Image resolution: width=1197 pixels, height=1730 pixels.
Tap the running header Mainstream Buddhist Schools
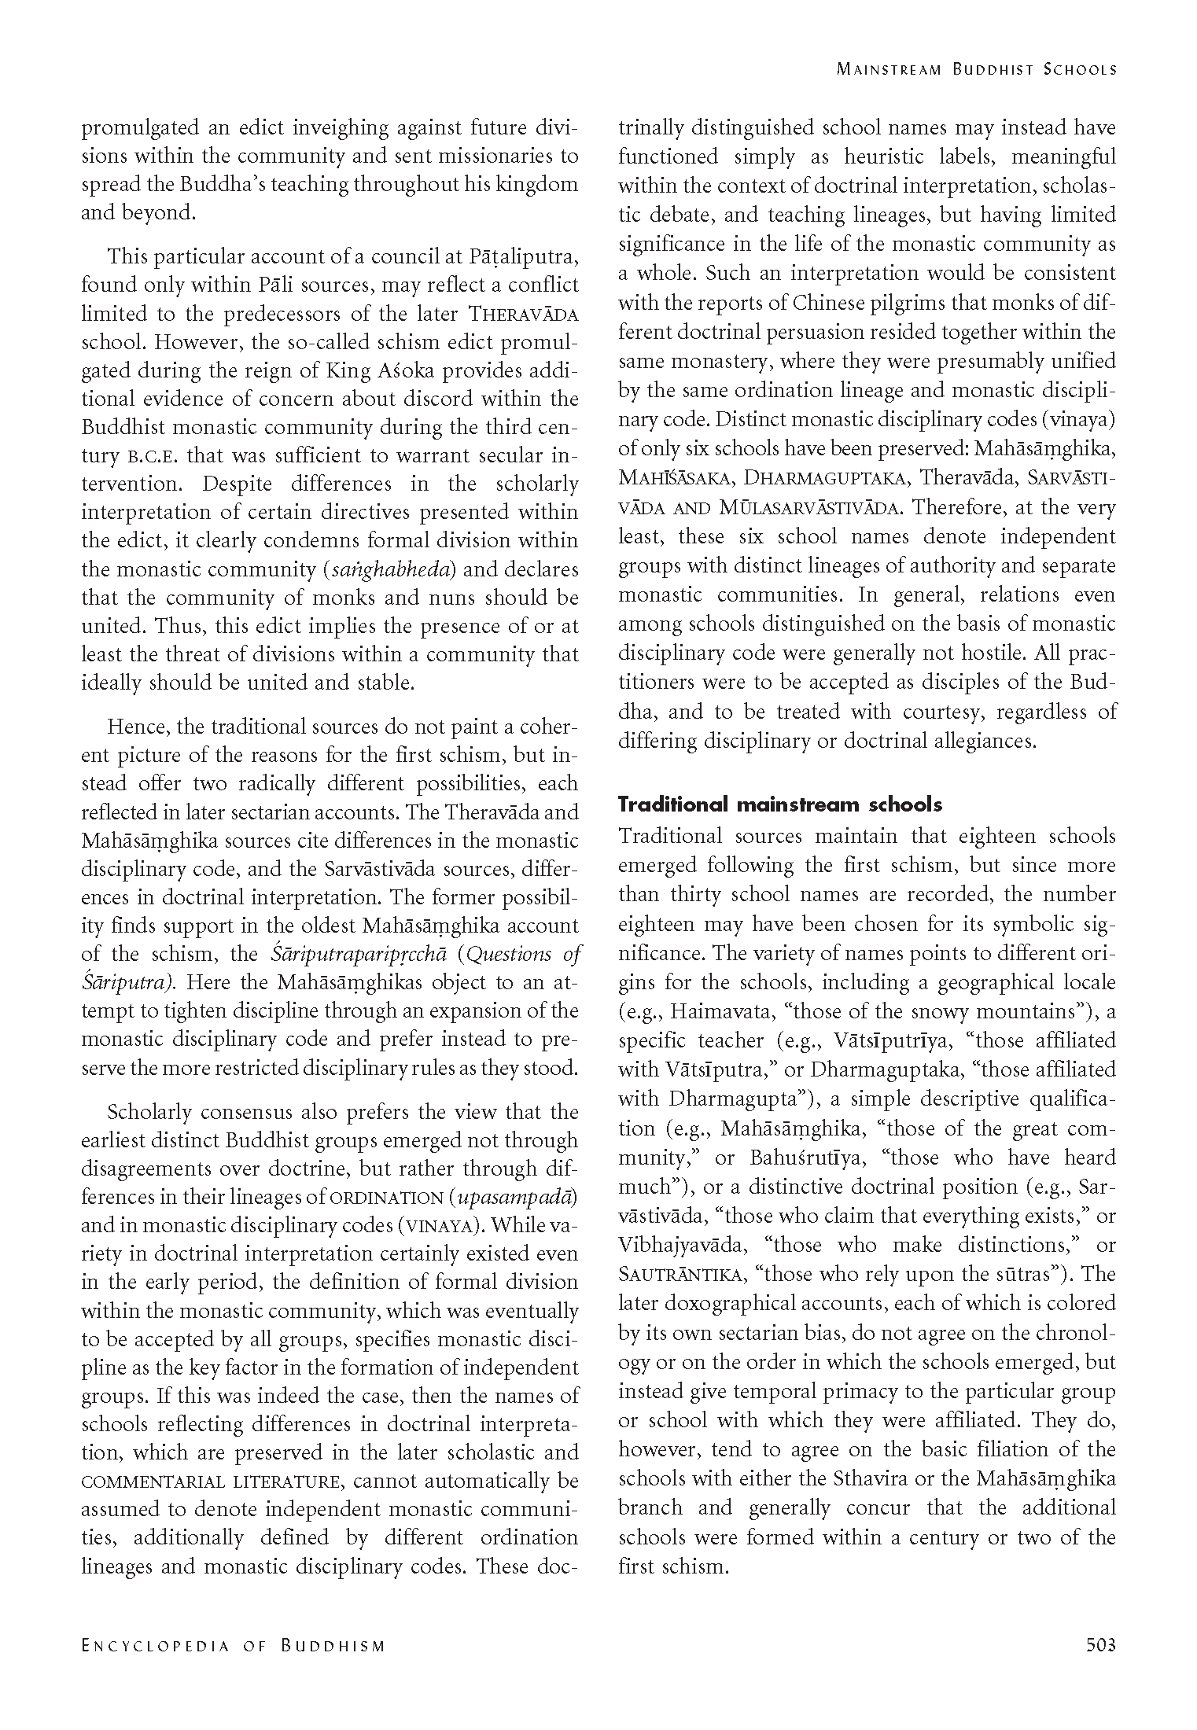click(976, 69)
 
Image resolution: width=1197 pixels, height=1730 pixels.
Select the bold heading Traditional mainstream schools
click(780, 804)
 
